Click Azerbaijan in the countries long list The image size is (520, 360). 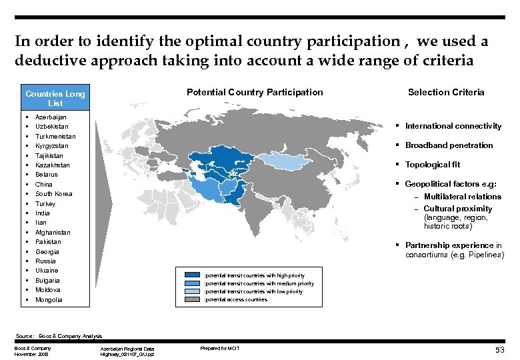pos(51,117)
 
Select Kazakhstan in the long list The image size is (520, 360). pos(53,165)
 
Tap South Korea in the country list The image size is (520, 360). pos(53,194)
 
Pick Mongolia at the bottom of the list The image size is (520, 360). pos(49,300)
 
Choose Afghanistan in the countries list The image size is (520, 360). pos(53,233)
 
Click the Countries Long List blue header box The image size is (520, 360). pos(55,98)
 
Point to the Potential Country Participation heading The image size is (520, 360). pos(255,92)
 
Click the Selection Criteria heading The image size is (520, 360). pos(446,92)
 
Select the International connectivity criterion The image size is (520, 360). pos(453,126)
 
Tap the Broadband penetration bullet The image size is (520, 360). pos(449,145)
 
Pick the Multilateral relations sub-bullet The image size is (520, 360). pos(462,197)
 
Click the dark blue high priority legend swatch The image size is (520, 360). pos(192,275)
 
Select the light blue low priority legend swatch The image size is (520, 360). pos(192,291)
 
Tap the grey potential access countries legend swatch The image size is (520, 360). pos(192,299)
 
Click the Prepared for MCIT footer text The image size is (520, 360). pos(220,349)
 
